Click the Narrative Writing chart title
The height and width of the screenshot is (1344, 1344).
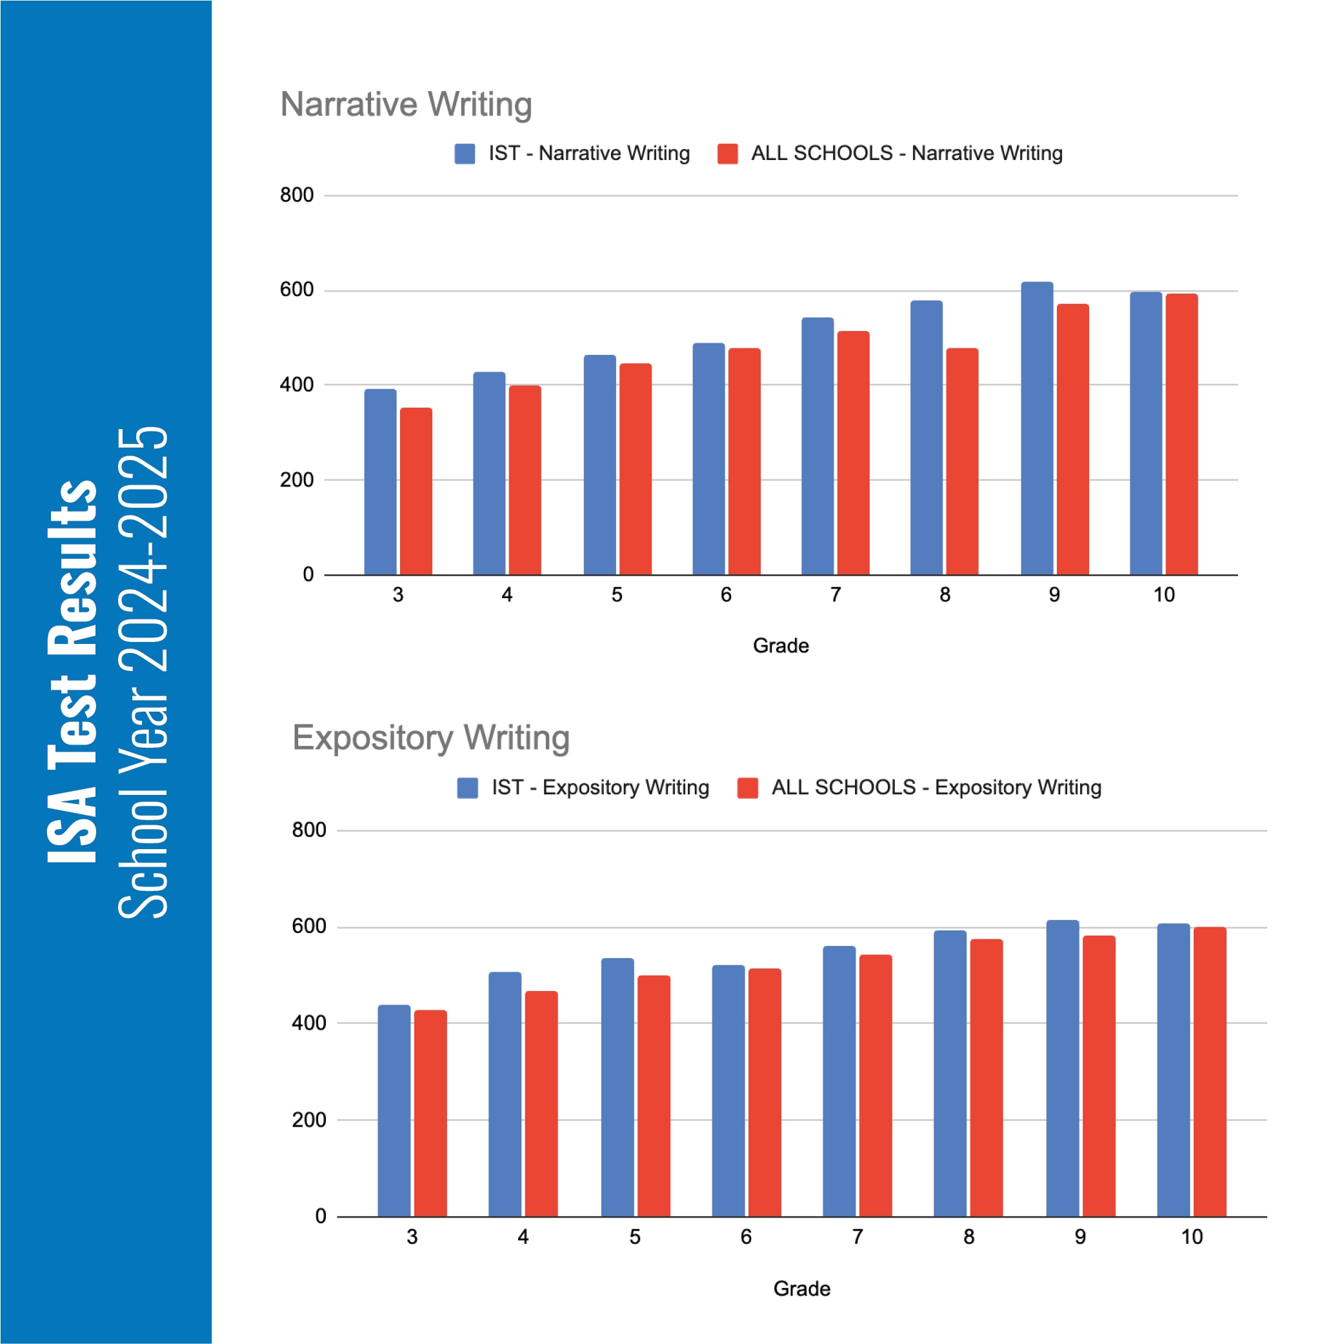(x=406, y=105)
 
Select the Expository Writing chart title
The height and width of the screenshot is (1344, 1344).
(x=430, y=737)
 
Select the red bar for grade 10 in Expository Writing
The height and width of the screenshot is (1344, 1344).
(x=1210, y=1071)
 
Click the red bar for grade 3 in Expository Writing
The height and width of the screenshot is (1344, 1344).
(x=430, y=1113)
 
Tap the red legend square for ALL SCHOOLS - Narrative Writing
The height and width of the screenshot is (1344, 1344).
(x=728, y=154)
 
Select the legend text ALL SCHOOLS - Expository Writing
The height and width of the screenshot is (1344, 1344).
(x=936, y=787)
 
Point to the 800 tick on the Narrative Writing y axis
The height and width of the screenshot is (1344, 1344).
(x=296, y=196)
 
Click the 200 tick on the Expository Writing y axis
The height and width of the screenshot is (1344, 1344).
(x=309, y=1120)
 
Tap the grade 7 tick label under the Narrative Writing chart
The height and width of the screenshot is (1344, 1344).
(x=836, y=595)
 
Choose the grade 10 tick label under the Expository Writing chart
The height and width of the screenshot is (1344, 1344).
(x=1192, y=1237)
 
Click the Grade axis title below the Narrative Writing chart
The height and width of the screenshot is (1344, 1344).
(x=781, y=646)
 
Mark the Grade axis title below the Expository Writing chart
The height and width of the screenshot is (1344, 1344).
(x=801, y=1289)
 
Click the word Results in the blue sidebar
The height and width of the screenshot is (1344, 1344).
(x=73, y=567)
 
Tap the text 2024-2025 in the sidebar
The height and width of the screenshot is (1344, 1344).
(x=144, y=550)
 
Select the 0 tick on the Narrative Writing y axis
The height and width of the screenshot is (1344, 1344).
(x=308, y=575)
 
